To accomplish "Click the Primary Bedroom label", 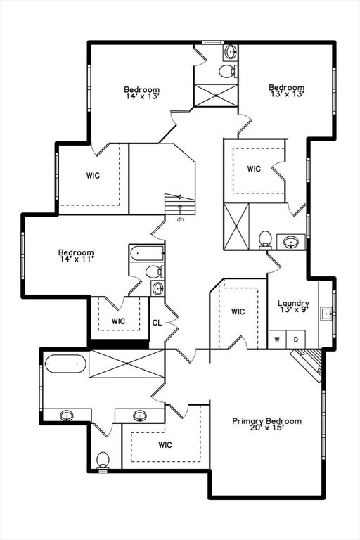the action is pos(266,421).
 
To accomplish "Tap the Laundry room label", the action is pos(293,303).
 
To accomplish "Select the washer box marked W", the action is pos(277,340).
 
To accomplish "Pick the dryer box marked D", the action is pos(295,340).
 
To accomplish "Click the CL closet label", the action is pos(157,323).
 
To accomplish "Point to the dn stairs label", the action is pos(180,219).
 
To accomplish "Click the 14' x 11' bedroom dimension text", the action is pos(76,259).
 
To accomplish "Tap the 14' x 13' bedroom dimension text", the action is pos(141,96).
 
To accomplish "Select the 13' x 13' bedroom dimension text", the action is pos(287,94).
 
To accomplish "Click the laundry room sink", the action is pos(326,314).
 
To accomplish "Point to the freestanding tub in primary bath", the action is pos(65,364).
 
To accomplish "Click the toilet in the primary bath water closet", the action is pos(103,461).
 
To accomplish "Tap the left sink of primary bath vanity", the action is pos(67,416).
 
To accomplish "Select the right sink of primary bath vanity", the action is pos(140,416).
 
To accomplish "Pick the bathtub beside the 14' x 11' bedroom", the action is pos(147,253).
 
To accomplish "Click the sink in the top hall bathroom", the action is pos(230,52).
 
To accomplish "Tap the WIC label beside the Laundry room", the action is pos(238,311).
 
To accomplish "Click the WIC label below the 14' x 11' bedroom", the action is pos(118,321).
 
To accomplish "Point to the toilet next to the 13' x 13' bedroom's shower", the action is pos(265,239).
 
